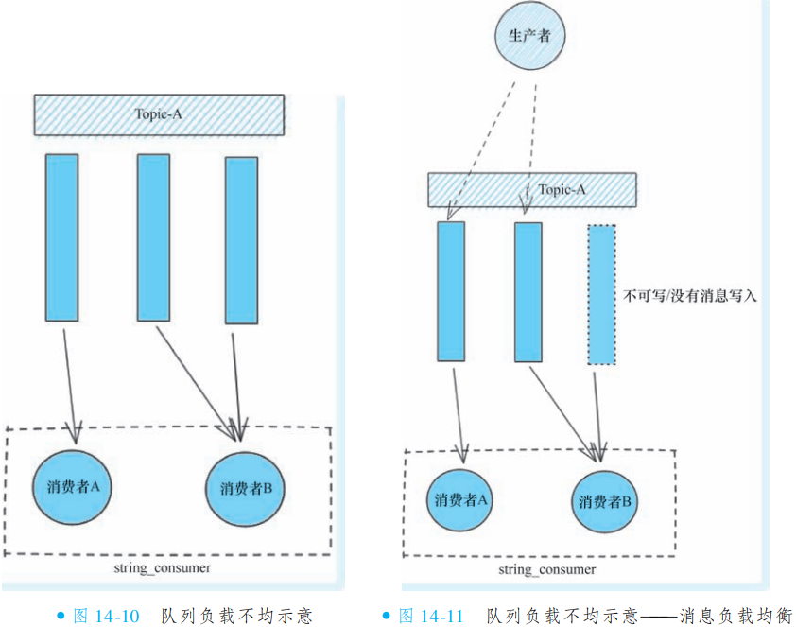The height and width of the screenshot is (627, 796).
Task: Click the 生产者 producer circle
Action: [x=529, y=35]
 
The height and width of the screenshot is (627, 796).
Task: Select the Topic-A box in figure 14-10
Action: [x=159, y=113]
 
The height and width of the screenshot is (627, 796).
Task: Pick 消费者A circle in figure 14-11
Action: [x=461, y=499]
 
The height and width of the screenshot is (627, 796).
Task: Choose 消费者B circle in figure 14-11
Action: [x=605, y=501]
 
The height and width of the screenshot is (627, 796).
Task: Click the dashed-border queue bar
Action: [x=601, y=294]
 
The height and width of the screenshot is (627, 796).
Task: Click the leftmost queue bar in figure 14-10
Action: [x=61, y=237]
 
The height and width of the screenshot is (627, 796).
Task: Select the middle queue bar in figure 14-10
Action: [x=153, y=238]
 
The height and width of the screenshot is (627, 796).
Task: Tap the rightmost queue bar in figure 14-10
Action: [x=241, y=240]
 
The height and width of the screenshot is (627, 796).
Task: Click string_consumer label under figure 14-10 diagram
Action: [x=161, y=567]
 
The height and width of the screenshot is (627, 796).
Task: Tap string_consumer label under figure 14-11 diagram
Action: [x=547, y=569]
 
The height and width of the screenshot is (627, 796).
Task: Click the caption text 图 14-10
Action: [x=106, y=616]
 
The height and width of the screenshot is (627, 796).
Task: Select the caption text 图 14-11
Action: [x=431, y=616]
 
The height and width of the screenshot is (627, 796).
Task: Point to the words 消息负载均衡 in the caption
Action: [x=735, y=616]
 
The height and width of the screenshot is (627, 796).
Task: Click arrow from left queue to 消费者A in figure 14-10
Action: [x=70, y=378]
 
